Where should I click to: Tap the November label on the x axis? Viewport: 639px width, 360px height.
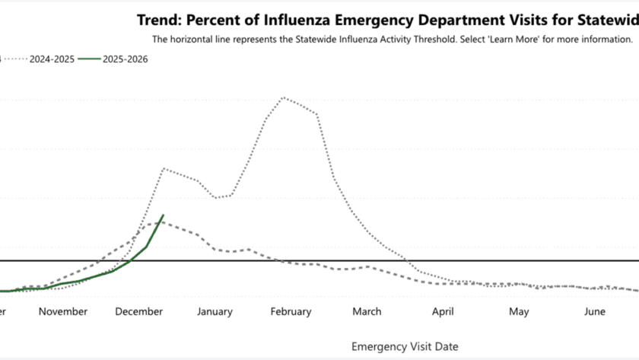point(62,311)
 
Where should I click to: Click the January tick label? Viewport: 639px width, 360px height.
point(215,311)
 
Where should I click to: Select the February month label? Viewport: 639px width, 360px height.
point(290,311)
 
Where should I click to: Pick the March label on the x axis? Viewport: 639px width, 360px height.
point(367,311)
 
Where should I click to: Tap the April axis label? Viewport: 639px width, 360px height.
point(443,311)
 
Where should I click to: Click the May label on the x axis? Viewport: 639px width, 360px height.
point(519,311)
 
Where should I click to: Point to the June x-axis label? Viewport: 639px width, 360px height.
point(595,311)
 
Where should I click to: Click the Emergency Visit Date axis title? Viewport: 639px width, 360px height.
point(405,346)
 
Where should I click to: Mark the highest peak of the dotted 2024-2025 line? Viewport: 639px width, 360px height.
point(284,97)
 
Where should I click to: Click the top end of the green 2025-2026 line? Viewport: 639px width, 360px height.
point(163,215)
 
